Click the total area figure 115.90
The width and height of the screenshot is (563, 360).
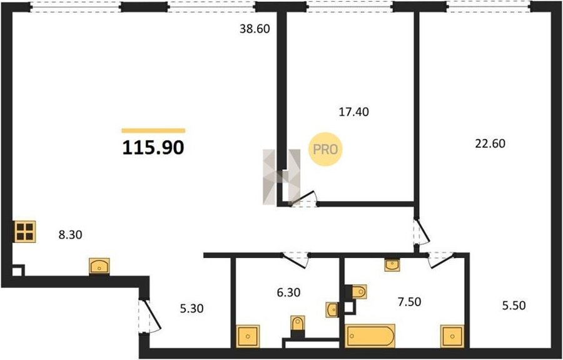coord(153,148)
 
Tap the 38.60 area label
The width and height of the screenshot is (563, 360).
coord(255,29)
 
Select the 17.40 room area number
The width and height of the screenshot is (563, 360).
coord(353,112)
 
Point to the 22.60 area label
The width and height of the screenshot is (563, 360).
coord(490,144)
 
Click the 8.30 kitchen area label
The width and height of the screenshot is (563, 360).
coord(70,235)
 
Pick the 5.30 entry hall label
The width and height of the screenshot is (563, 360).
coord(191,308)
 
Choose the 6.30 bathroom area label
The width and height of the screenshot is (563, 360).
coord(288,293)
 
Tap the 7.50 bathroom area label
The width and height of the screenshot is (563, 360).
coord(409,302)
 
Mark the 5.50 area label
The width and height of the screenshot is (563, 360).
coord(514,306)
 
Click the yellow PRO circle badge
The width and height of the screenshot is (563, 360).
coord(326,149)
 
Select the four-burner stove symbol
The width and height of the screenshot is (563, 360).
coord(25,232)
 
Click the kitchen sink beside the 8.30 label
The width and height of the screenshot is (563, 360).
coord(99,266)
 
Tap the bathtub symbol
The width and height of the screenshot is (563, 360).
coord(370,336)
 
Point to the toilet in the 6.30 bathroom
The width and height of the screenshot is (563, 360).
coord(298,326)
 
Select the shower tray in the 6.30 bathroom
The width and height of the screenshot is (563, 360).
coord(248,336)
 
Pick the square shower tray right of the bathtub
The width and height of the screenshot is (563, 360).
coord(452,336)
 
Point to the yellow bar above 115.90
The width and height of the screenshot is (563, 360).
coord(153,131)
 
